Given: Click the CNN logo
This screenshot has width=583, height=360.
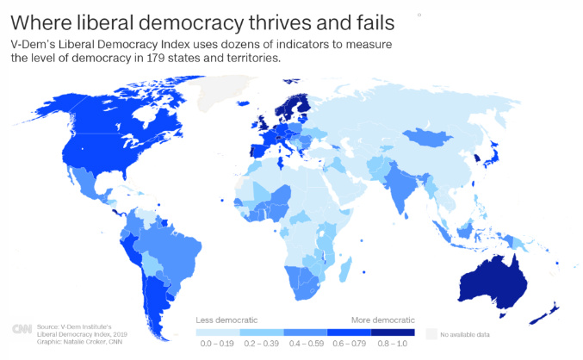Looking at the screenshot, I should tap(23, 330).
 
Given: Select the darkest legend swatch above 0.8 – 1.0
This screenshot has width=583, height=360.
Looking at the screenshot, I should tap(393, 332).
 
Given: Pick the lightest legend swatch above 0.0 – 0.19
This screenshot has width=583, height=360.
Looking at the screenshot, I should tap(217, 332).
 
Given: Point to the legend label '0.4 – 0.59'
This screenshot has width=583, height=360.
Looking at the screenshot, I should tap(305, 344).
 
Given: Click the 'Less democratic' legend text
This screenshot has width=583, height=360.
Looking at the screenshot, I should tap(219, 319).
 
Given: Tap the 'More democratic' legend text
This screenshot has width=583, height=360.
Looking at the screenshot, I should tap(381, 319).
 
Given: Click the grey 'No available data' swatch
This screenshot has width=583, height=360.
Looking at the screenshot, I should tap(431, 332).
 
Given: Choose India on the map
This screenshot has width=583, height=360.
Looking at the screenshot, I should tap(401, 190).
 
